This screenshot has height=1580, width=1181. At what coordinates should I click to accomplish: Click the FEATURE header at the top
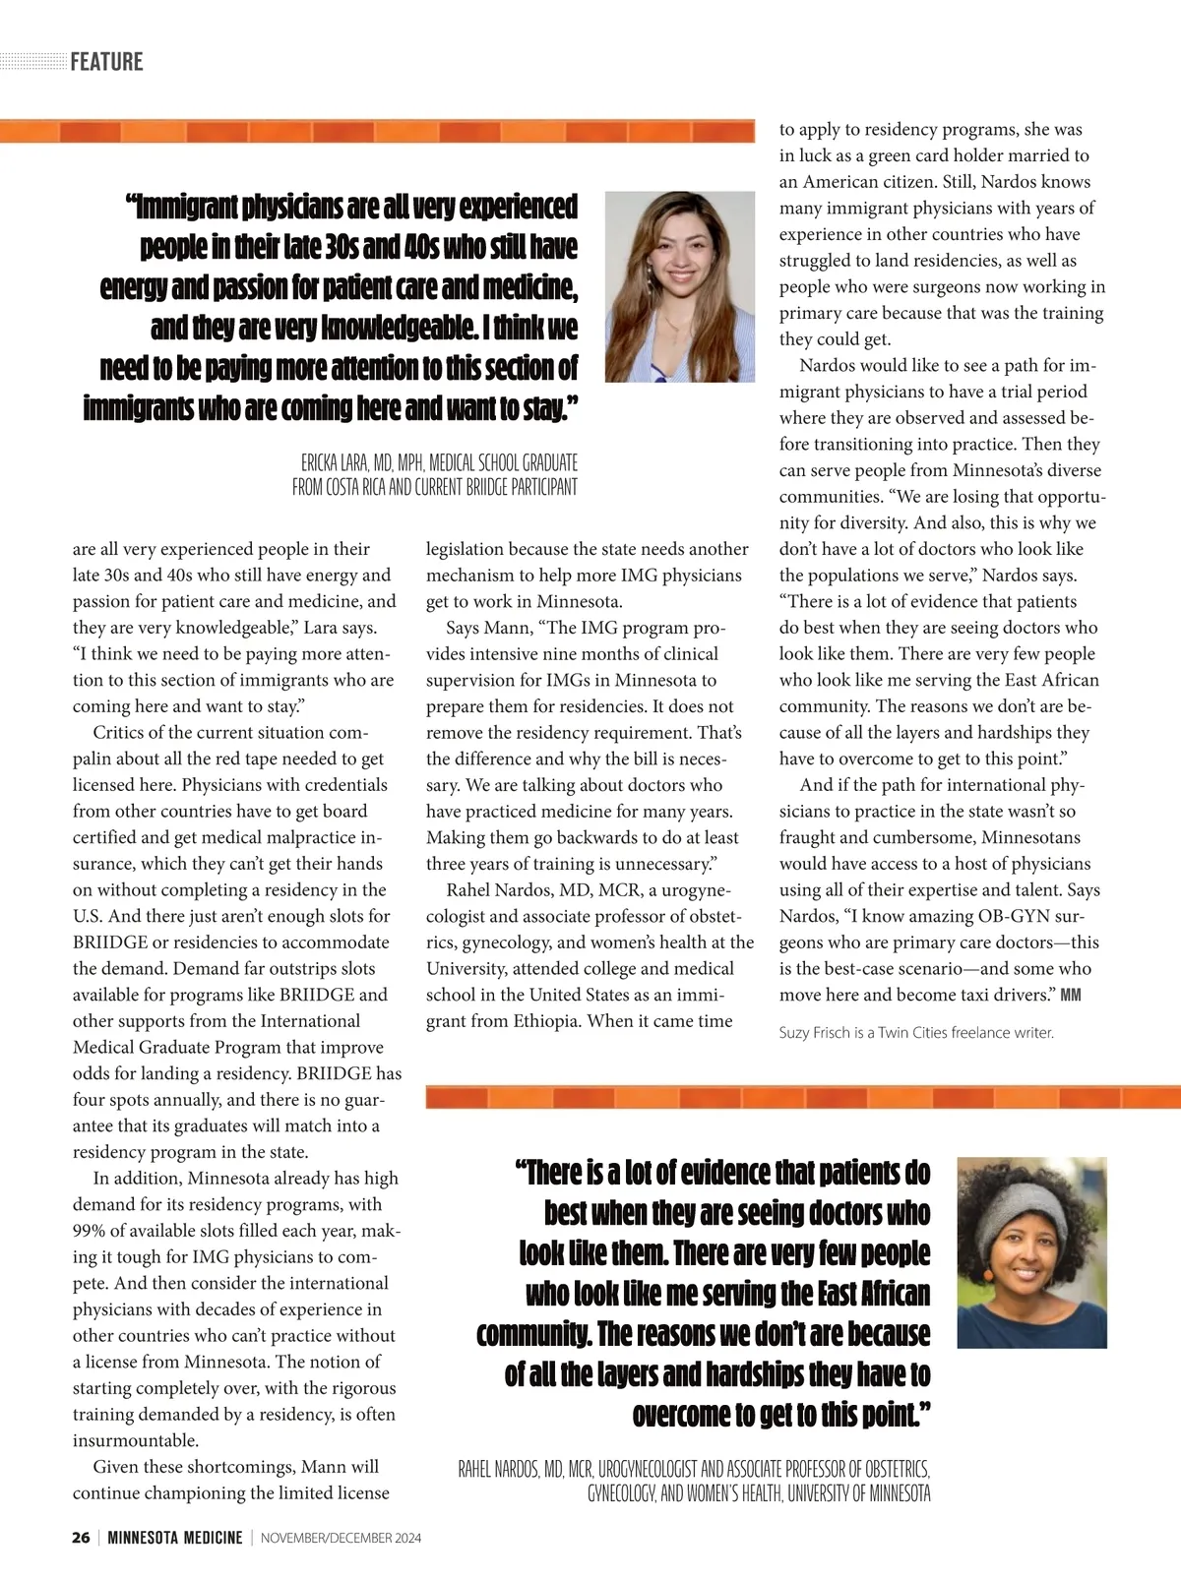[106, 62]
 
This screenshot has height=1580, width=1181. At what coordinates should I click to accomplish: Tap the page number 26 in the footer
[81, 1538]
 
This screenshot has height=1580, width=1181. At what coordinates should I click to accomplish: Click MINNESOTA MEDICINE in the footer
[175, 1538]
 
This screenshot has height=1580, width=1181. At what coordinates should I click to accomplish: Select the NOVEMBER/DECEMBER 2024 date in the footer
[341, 1538]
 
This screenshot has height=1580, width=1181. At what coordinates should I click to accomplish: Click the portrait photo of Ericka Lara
[679, 286]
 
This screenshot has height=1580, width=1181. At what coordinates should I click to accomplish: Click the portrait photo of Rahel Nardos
[1031, 1251]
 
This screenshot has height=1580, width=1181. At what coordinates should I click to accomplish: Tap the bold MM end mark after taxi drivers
[1070, 995]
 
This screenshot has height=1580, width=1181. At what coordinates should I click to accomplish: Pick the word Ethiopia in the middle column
[546, 1021]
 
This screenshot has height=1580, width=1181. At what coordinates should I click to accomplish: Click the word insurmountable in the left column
[135, 1440]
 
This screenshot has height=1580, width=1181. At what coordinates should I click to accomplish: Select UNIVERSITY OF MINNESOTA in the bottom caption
[858, 1494]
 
